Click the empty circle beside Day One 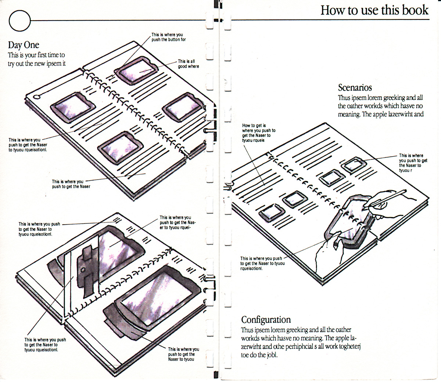19,20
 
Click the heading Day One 24,45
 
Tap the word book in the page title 415,10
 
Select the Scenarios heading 355,88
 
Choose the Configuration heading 266,320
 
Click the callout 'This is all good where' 188,64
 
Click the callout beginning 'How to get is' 259,133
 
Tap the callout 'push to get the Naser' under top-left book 71,184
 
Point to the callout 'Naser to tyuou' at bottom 183,354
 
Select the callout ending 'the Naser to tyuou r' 413,163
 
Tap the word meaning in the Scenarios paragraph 349,114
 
